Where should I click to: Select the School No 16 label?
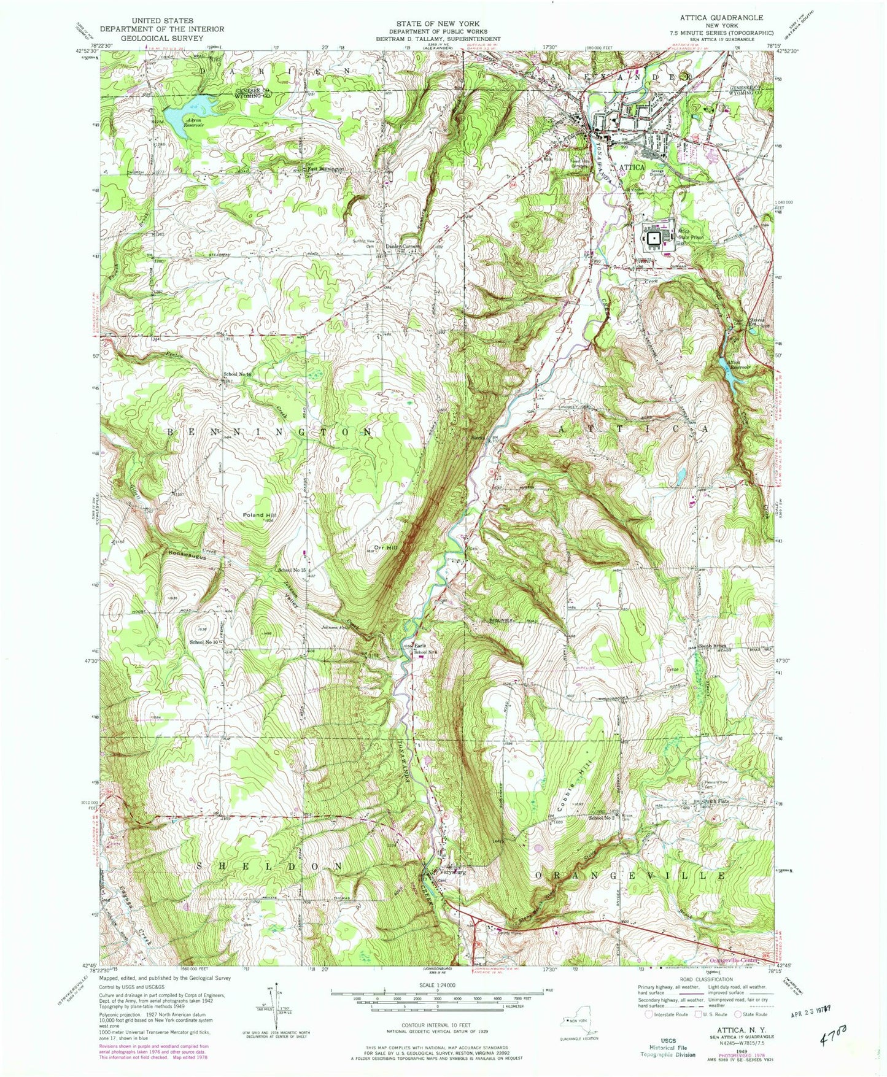[239, 374]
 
